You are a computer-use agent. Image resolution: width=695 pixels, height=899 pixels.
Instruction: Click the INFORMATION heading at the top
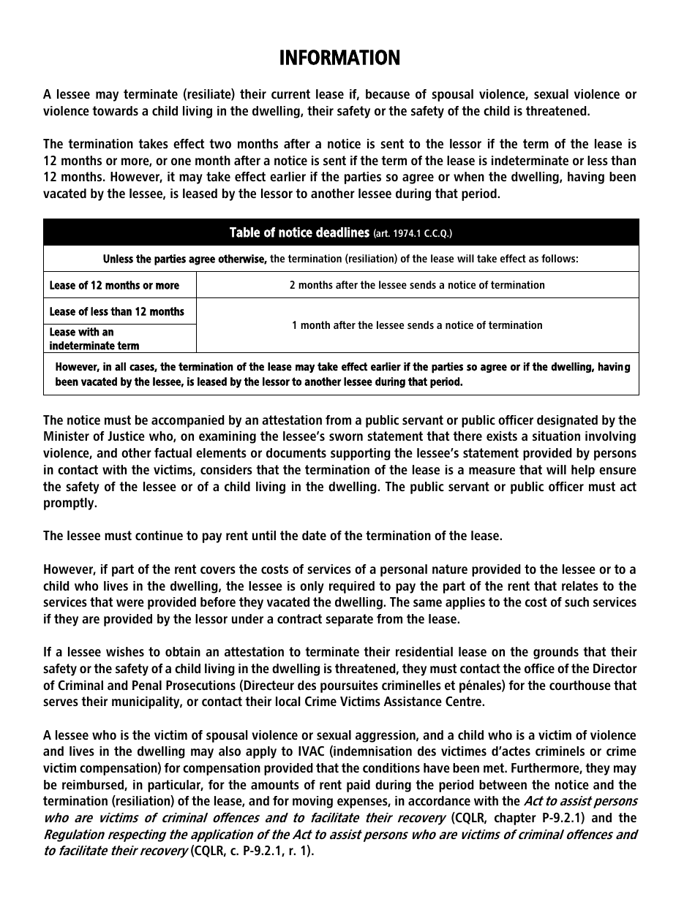[339, 58]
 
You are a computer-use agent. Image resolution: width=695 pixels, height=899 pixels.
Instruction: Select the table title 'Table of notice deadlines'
[298, 233]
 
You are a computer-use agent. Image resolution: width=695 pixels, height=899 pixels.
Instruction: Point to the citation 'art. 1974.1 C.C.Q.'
[413, 234]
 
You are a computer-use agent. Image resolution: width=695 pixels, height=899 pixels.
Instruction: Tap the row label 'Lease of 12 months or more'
[114, 285]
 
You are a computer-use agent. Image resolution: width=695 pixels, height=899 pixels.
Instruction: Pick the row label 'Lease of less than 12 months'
[116, 311]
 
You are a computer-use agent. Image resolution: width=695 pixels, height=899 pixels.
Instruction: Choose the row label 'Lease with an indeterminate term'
[94, 338]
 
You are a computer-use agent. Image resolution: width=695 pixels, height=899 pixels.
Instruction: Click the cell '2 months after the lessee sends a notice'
[417, 285]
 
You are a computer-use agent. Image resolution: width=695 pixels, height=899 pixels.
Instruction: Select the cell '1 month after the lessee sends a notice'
[417, 325]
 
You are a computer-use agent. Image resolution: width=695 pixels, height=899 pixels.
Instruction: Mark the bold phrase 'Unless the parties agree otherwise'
[184, 259]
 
